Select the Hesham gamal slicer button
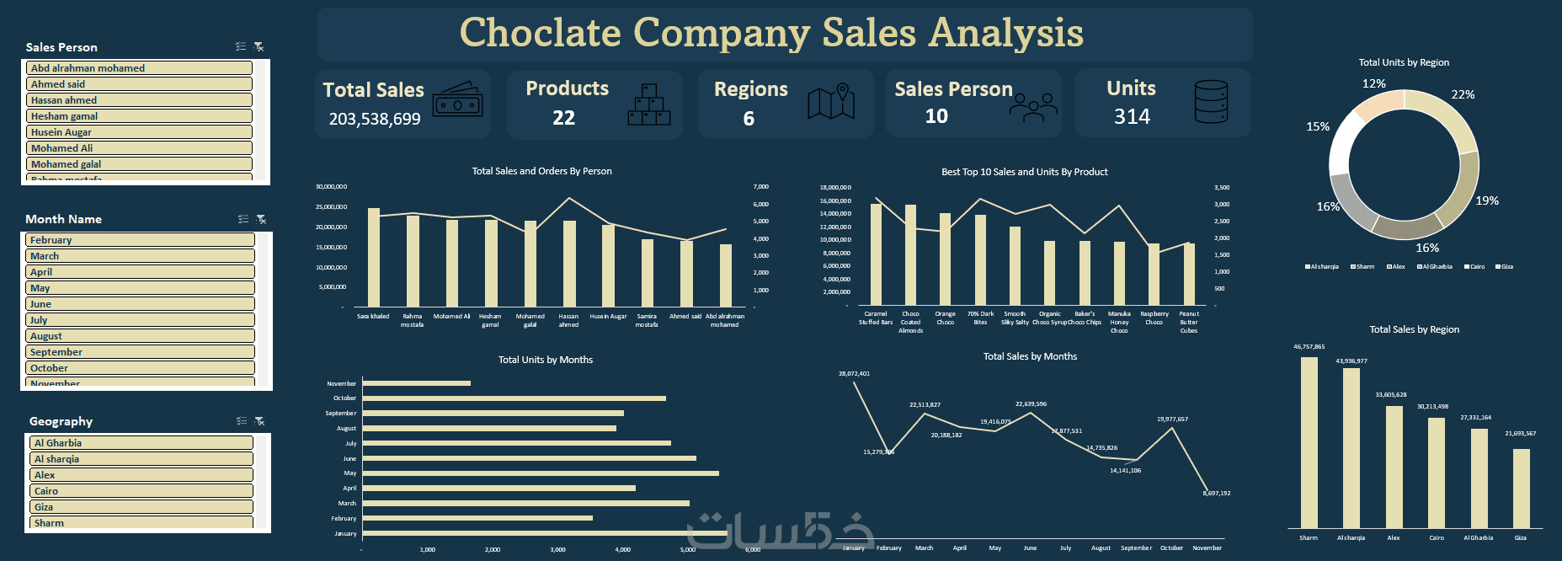point(140,116)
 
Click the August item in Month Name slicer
point(140,336)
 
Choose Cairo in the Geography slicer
point(141,491)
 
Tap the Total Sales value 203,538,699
point(375,120)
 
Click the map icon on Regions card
point(830,103)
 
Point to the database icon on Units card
point(1211,102)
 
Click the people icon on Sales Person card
point(1033,108)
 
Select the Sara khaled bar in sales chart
point(374,257)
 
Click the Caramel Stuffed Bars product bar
point(876,254)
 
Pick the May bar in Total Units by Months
point(540,473)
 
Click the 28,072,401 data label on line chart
point(854,373)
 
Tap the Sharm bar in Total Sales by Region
point(1309,442)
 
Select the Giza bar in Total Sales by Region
point(1521,488)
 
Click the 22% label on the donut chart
point(1463,94)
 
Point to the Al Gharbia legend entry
point(1435,267)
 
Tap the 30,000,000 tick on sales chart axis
point(331,186)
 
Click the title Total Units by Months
point(545,360)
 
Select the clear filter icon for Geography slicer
point(259,421)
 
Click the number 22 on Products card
point(563,118)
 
